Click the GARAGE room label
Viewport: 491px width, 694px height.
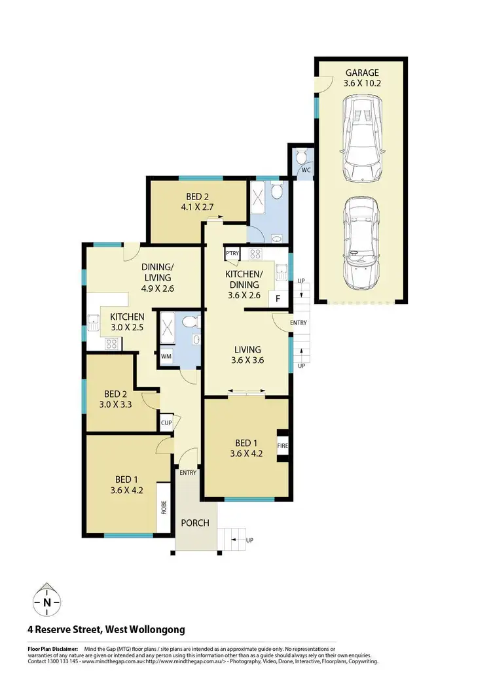(361, 73)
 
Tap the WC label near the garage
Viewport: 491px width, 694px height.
(305, 171)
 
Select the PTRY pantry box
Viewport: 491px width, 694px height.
(232, 254)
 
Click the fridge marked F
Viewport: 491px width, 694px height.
(278, 299)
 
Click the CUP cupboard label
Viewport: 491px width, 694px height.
(166, 423)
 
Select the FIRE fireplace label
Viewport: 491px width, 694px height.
(283, 447)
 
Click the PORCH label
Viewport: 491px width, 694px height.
(195, 523)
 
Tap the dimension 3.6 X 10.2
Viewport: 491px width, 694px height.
(361, 83)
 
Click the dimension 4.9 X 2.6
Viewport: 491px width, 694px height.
(158, 288)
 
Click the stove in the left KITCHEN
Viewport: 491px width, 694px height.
(111, 342)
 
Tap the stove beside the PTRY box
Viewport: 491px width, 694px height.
(255, 254)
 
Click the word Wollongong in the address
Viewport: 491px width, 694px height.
(151, 630)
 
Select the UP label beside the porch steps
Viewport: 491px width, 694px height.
(249, 540)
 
